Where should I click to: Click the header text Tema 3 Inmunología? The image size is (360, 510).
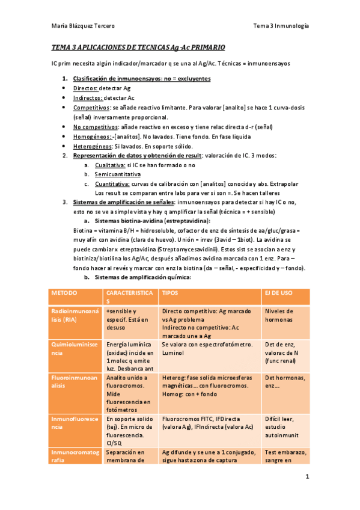281,26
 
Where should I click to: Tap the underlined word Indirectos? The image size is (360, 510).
88,97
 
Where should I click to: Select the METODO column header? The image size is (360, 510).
64,293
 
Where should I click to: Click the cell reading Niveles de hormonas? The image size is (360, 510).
279,316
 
